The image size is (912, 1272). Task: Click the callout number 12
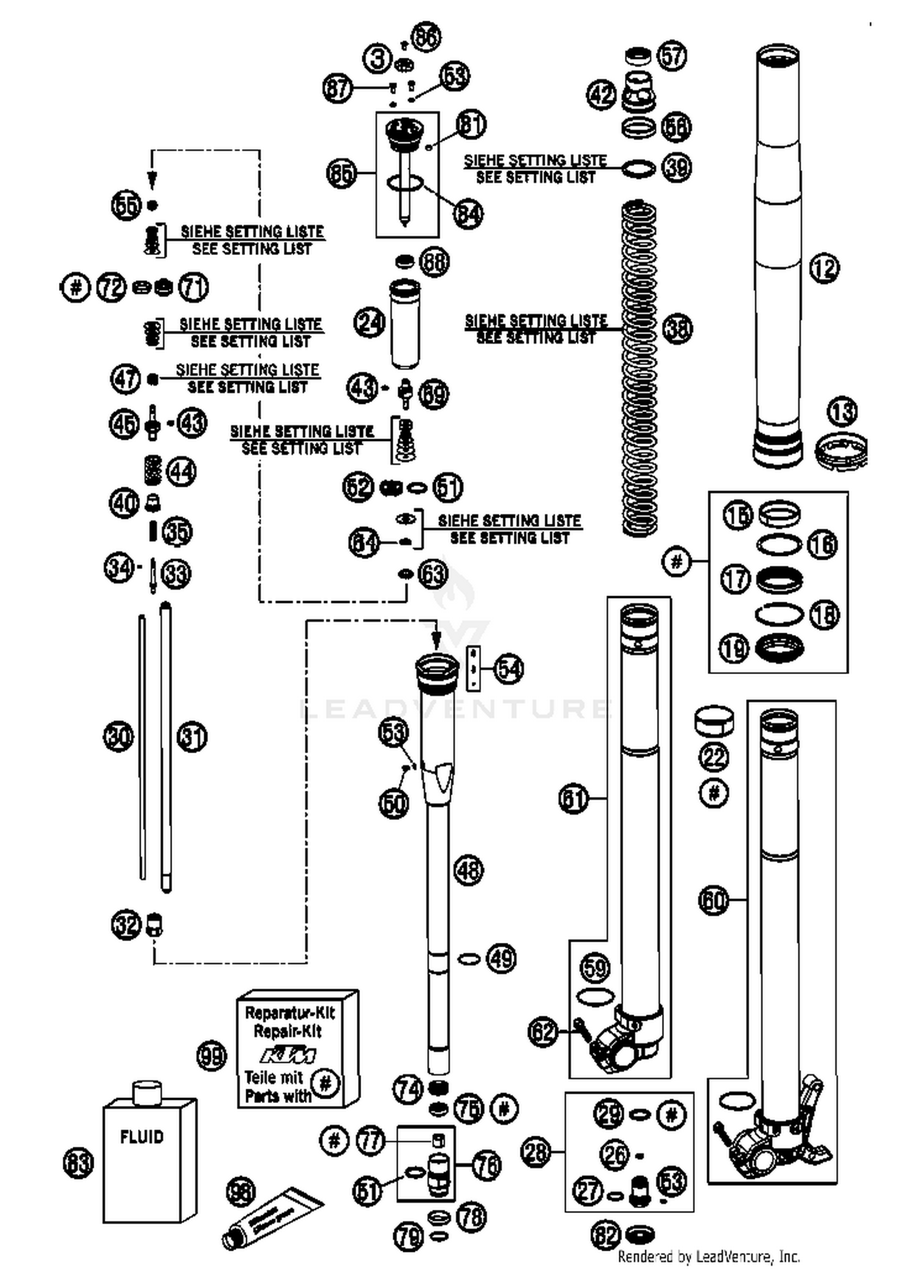[x=824, y=268]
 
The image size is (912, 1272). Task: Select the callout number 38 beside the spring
[x=677, y=328]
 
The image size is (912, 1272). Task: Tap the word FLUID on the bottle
[x=142, y=1136]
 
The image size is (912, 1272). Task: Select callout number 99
[x=212, y=1057]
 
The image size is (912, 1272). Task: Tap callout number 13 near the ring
[x=843, y=412]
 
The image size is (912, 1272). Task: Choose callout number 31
[x=192, y=737]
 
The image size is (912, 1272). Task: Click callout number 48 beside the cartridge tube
[x=468, y=870]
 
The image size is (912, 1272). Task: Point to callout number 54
[x=509, y=669]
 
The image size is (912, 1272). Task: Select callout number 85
[x=341, y=173]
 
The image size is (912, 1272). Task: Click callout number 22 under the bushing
[x=714, y=757]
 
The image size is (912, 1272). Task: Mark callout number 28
[x=536, y=1152]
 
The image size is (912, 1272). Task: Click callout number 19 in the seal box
[x=734, y=648]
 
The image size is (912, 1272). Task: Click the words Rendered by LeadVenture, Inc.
[x=708, y=1256]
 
